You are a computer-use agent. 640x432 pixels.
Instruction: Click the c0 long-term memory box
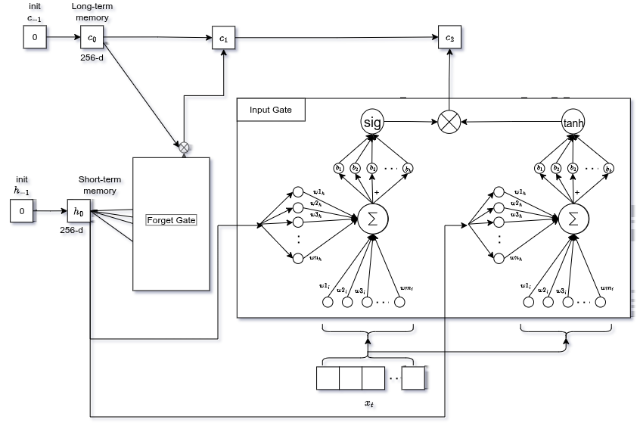(x=92, y=37)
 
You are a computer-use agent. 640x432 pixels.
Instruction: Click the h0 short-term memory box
(x=78, y=212)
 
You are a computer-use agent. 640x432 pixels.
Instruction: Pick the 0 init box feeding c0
(x=34, y=37)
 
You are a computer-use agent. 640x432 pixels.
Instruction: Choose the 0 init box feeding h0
(x=22, y=212)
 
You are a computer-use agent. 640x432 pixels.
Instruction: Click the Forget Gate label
(x=171, y=220)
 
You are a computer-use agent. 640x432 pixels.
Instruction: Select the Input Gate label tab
(x=272, y=110)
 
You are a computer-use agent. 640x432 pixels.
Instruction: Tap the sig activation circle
(x=372, y=121)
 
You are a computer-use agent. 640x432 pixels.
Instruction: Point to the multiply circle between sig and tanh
(x=450, y=121)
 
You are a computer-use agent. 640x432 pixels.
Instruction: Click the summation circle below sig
(x=372, y=219)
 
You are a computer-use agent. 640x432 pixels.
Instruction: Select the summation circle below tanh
(x=573, y=219)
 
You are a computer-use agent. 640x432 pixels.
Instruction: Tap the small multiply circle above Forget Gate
(x=183, y=147)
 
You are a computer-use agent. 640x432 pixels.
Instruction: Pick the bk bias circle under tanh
(x=609, y=167)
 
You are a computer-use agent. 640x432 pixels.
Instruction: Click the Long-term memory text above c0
(x=94, y=11)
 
